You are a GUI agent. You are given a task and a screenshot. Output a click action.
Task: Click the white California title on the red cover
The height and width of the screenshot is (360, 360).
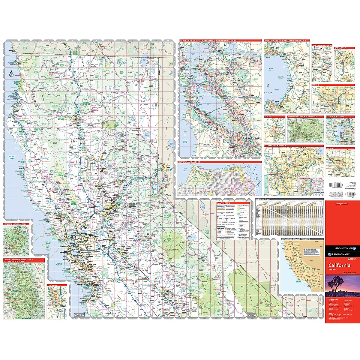click(x=339, y=265)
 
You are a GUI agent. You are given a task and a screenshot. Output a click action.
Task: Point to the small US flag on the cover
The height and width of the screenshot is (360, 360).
click(x=349, y=258)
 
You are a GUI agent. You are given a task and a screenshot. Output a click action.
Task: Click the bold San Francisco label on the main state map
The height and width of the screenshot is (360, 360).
click(x=64, y=246)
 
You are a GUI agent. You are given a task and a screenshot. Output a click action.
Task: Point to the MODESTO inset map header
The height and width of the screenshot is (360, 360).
click(x=331, y=148)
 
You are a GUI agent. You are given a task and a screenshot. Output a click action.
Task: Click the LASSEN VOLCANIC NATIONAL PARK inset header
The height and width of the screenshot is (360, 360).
click(x=303, y=116)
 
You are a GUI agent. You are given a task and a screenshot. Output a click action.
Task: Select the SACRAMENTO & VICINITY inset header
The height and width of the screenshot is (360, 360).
click(x=275, y=145)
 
